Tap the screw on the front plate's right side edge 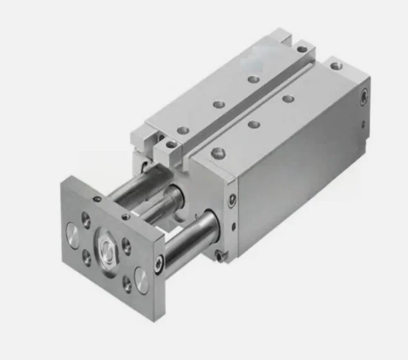(x=160, y=261)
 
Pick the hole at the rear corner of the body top (x=335, y=66)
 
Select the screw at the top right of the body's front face (x=232, y=198)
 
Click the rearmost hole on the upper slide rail (x=301, y=48)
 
